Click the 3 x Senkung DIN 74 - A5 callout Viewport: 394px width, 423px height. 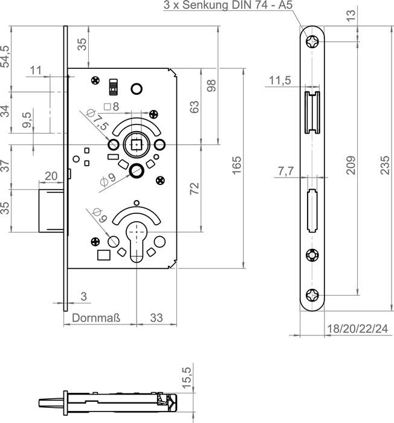(x=228, y=5)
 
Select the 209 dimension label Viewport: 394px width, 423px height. (x=350, y=165)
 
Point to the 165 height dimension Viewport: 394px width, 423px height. (x=236, y=165)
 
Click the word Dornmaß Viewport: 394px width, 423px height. (x=96, y=318)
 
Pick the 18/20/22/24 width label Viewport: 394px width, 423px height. (x=357, y=329)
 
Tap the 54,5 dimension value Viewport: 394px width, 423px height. (x=5, y=56)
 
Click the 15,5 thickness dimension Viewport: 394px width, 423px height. (x=187, y=378)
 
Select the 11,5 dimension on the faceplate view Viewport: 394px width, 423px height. (x=280, y=80)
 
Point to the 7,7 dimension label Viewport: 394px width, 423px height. (x=286, y=171)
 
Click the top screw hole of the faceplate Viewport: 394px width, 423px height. (x=312, y=42)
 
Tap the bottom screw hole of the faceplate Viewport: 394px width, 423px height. (x=312, y=295)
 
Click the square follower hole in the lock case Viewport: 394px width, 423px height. (x=137, y=145)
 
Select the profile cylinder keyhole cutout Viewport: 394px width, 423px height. (x=137, y=242)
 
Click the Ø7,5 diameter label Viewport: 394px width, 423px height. (x=97, y=120)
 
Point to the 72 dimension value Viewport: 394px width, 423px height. (x=195, y=189)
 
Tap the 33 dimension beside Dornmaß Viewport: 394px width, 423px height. (x=157, y=318)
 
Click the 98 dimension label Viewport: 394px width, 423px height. (x=212, y=86)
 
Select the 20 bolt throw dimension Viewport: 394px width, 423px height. (x=51, y=176)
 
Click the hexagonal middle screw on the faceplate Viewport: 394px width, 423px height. (x=312, y=255)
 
